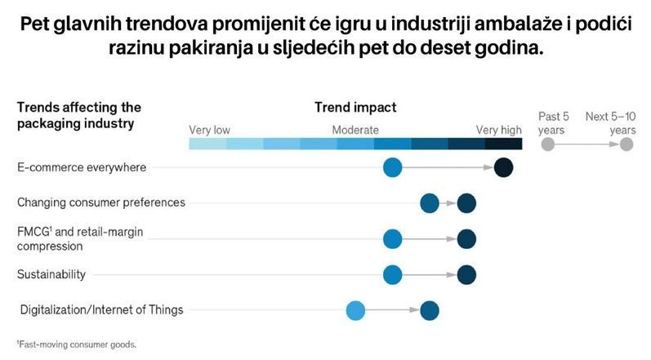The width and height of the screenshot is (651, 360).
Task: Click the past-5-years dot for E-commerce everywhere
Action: tap(392, 167)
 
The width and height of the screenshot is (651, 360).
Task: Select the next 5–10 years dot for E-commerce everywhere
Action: tap(504, 167)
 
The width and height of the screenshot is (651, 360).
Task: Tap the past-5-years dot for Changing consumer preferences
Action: tap(430, 203)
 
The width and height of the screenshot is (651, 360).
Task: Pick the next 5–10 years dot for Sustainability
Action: tap(466, 274)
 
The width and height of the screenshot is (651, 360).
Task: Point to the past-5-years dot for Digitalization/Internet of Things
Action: tap(355, 310)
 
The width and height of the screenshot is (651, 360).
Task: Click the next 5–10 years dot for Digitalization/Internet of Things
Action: tap(430, 310)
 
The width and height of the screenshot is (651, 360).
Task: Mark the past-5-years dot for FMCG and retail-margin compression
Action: tap(392, 239)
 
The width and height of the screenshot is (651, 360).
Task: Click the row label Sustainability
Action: tap(51, 274)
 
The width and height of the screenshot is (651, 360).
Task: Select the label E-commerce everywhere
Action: tap(82, 167)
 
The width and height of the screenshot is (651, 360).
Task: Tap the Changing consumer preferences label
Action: tap(101, 202)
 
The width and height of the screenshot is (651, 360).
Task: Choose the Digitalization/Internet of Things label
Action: tap(102, 310)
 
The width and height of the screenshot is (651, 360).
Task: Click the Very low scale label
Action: tap(209, 131)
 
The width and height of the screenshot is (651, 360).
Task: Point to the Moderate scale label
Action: tap(355, 131)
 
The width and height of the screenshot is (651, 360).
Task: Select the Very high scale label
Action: tap(498, 131)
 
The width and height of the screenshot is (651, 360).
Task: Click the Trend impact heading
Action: tap(355, 108)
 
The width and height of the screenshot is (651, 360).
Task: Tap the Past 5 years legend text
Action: tap(554, 123)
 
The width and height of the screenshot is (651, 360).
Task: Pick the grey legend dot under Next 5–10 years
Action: tap(626, 144)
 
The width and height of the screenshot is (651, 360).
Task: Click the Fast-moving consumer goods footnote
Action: tap(77, 344)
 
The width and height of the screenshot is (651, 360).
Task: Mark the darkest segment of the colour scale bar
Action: tap(504, 144)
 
